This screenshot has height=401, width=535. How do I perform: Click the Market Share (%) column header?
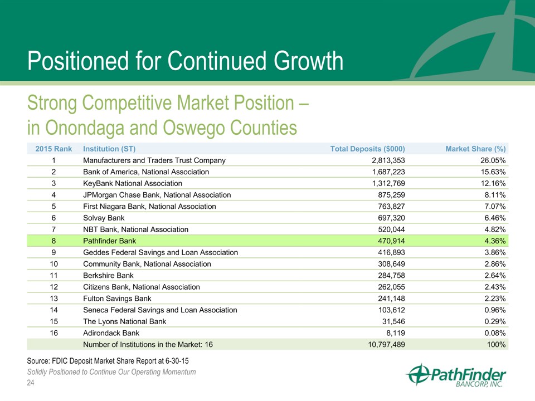[x=475, y=149]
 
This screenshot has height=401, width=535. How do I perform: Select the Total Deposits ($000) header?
[x=367, y=149]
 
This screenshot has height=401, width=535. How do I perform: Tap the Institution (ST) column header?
[x=109, y=149]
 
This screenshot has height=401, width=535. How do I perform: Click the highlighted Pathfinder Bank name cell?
[x=110, y=241]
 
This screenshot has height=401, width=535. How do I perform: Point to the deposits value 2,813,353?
[x=388, y=160]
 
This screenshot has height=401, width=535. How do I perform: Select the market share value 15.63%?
[x=493, y=172]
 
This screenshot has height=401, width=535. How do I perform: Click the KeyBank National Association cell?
[x=133, y=183]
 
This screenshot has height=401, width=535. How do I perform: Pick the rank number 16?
[x=54, y=333]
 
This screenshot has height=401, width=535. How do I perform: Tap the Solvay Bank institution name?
[x=104, y=218]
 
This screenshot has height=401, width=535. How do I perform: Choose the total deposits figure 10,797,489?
[x=386, y=344]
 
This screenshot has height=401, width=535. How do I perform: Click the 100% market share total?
[x=496, y=344]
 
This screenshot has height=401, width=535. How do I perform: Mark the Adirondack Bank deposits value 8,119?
[x=396, y=333]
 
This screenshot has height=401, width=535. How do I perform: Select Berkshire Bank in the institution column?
[x=108, y=276]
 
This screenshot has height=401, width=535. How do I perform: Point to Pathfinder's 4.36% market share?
[x=495, y=241]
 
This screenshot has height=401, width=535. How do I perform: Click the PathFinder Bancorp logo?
[x=456, y=375]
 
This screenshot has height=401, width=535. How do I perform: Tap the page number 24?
[x=31, y=383]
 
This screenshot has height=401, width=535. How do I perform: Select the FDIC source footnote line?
[x=108, y=361]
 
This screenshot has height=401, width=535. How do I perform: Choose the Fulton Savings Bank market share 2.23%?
[x=495, y=299]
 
